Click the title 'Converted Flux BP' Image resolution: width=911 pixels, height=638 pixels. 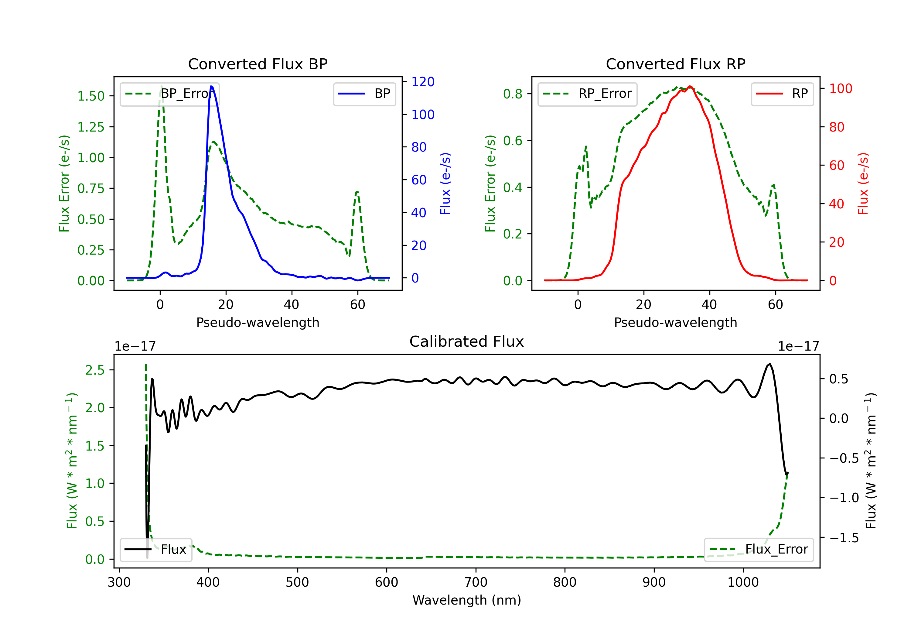[258, 64]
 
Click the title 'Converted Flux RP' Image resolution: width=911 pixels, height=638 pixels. [675, 64]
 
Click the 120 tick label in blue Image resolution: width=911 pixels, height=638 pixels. [423, 82]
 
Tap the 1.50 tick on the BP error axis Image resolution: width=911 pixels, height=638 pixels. [91, 96]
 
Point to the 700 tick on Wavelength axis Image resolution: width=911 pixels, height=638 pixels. [476, 582]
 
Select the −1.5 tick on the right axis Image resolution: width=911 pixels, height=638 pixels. [844, 538]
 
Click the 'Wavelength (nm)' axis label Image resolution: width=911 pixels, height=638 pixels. [467, 600]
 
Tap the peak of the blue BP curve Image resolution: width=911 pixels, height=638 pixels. [211, 86]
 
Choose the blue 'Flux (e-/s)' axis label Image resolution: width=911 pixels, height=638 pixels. [445, 184]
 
